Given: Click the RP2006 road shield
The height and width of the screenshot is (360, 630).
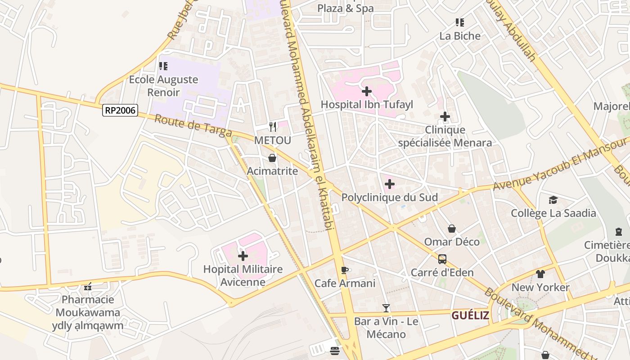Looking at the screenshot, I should click(120, 110).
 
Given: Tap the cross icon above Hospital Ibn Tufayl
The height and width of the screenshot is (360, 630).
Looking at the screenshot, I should click(367, 91).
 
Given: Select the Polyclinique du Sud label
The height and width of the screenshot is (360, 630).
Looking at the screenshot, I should click(389, 198).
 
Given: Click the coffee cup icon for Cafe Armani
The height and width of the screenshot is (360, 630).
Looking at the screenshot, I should click(345, 270).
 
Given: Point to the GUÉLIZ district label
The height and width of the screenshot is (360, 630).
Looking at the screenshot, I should click(470, 315).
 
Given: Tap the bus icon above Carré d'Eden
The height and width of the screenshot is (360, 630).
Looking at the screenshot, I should click(442, 259).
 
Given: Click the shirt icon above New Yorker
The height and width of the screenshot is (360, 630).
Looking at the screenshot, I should click(540, 274).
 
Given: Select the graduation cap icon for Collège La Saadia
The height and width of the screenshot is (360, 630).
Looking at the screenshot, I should click(553, 200).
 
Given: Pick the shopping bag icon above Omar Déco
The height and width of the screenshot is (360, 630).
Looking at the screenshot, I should click(452, 229).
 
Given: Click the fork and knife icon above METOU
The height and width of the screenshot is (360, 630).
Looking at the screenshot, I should click(272, 127).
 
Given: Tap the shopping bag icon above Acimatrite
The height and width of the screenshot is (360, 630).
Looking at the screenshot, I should click(272, 158).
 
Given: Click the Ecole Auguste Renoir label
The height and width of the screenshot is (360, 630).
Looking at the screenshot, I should click(163, 86).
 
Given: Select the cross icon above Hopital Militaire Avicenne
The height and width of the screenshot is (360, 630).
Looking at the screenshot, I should click(243, 256).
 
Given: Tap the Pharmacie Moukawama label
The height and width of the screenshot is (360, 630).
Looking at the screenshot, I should click(88, 306).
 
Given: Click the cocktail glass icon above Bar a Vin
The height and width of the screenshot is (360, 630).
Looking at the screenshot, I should click(386, 308).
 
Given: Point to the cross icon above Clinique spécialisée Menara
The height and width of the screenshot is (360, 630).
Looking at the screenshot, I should click(445, 117).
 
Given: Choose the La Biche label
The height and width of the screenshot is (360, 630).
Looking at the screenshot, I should click(460, 36).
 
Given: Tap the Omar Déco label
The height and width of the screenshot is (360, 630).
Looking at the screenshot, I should click(452, 242).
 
